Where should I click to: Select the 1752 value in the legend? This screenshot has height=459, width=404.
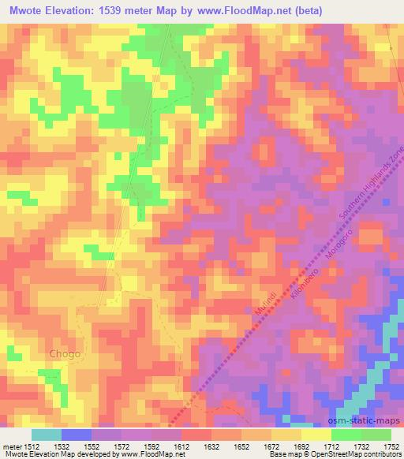pos(391,446)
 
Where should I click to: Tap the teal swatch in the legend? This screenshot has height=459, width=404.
pos(47,435)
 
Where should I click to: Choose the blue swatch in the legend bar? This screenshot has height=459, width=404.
pos(77,435)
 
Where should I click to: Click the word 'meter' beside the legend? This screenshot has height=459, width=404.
pos(11,446)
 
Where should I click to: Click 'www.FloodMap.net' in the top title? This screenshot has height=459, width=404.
pos(282,11)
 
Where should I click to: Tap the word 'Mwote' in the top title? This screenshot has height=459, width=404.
pos(24,11)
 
